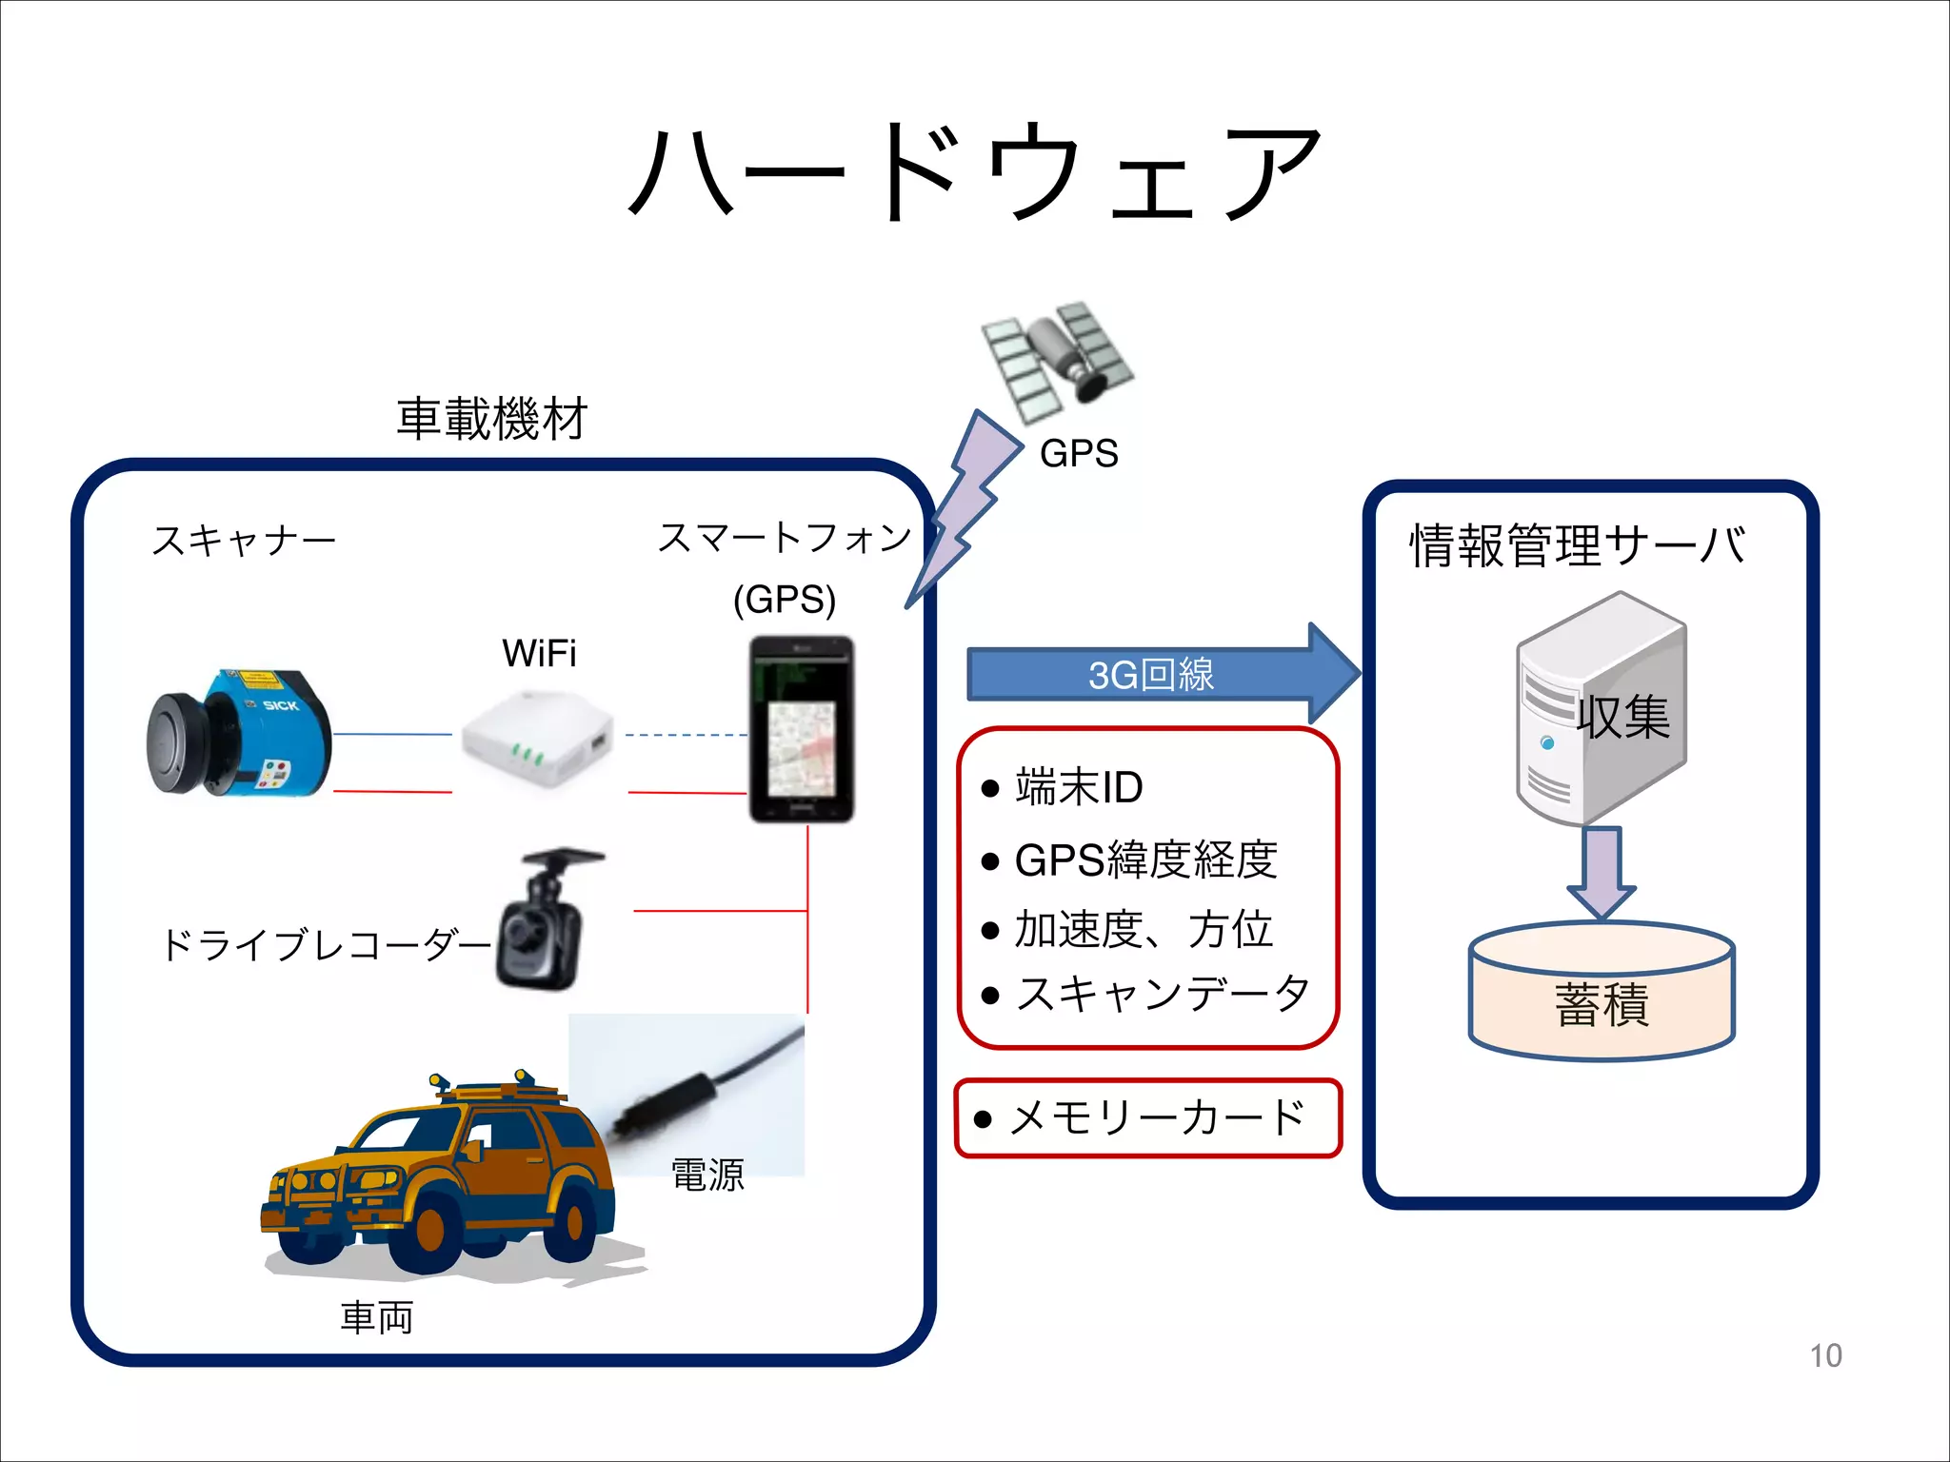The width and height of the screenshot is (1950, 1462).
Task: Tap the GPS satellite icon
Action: (x=1057, y=360)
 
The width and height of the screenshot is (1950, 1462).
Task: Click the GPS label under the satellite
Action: (x=1078, y=453)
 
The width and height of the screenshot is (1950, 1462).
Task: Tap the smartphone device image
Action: (x=801, y=729)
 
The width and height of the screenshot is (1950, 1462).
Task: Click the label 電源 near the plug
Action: (x=706, y=1175)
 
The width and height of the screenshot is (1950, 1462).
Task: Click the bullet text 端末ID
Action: (x=1078, y=787)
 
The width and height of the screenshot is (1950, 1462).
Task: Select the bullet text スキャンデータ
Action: (x=1162, y=994)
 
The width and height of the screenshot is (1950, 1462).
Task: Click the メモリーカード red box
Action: (x=1147, y=1117)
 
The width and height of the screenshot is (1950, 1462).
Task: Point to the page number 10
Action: (x=1824, y=1355)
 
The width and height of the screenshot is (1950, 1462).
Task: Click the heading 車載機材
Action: (x=492, y=419)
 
